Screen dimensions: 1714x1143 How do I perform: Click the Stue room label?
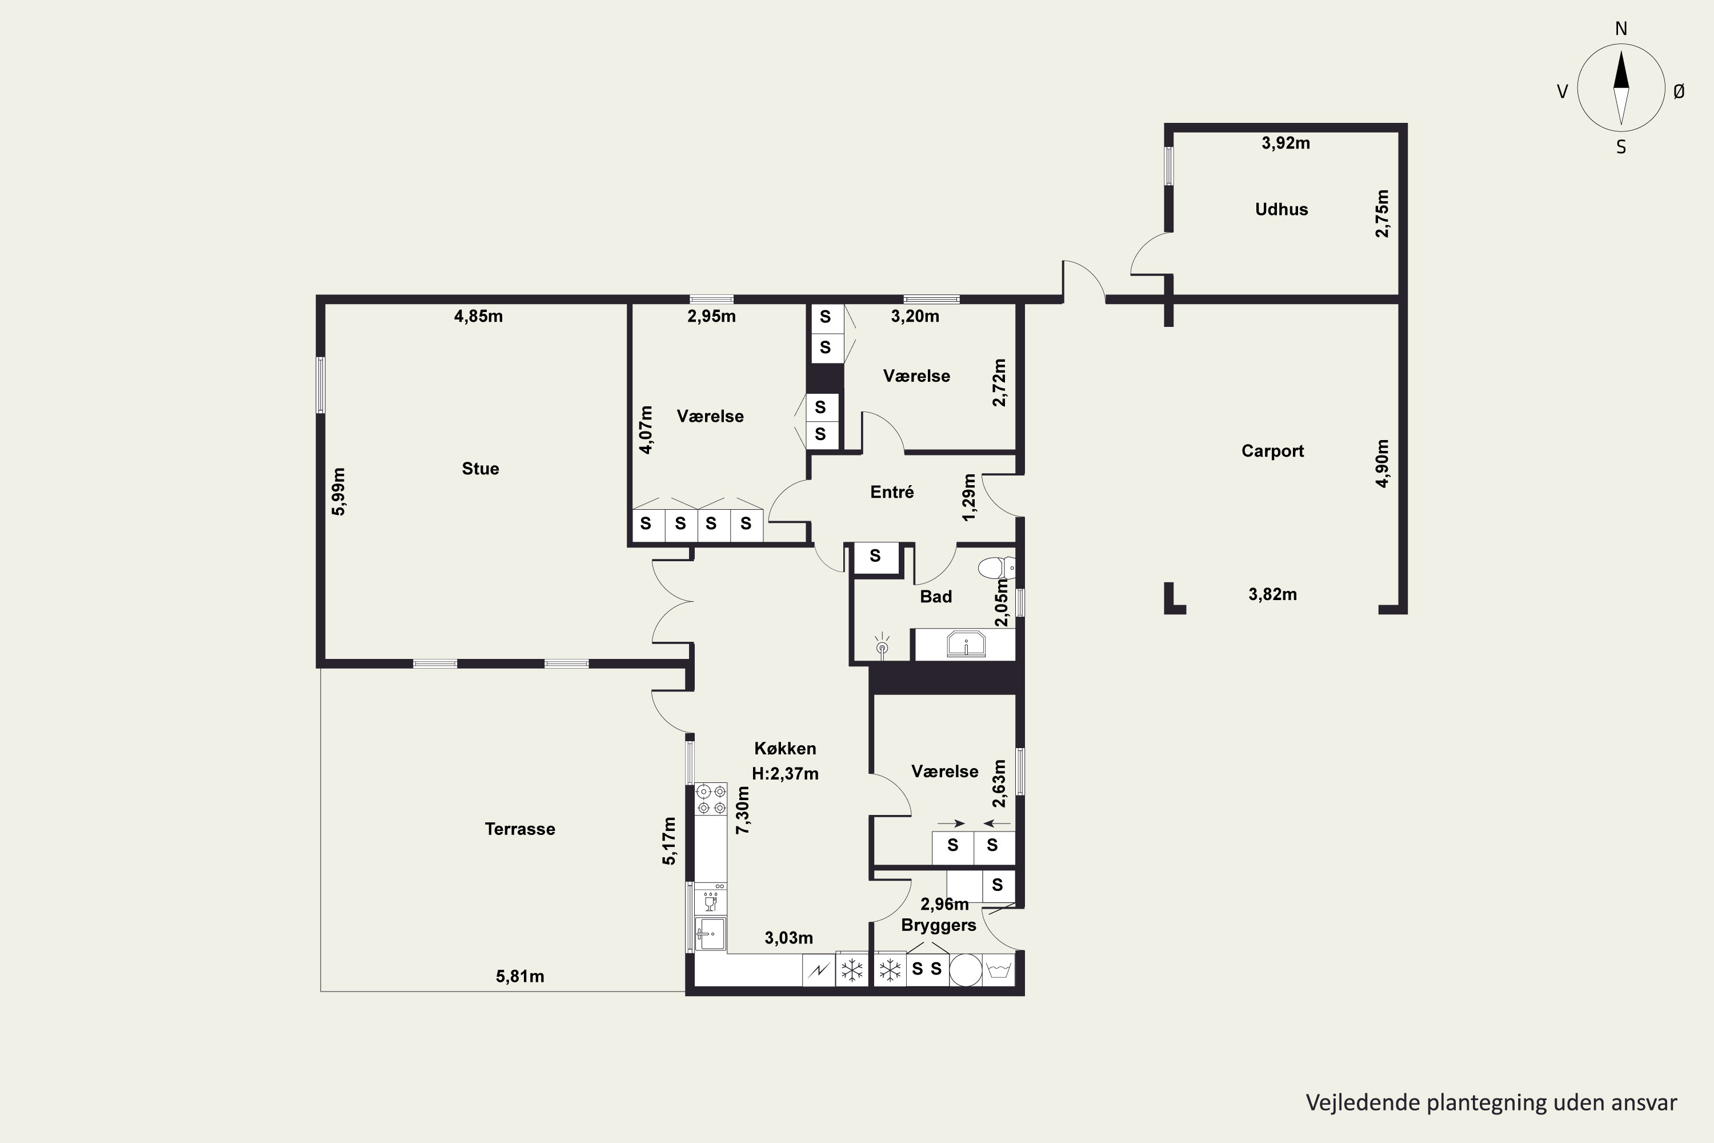pos(480,469)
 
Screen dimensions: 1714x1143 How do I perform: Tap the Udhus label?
pos(1281,209)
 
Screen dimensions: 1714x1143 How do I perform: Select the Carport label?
pos(1272,450)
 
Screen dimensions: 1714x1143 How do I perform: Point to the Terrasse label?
pos(519,829)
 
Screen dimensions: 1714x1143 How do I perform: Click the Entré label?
pos(892,492)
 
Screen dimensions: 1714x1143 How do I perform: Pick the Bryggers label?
pos(939,926)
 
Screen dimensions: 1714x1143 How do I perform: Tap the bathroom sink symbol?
pos(966,645)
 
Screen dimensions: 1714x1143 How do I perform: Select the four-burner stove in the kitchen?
pos(711,799)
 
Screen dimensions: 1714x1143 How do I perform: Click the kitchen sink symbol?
pos(711,933)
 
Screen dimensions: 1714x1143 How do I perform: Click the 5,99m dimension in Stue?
pos(338,491)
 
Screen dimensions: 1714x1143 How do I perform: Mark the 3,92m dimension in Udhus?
pos(1285,143)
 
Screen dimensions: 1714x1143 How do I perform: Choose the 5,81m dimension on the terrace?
pos(519,976)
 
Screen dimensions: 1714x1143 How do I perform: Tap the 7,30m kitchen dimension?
pos(743,810)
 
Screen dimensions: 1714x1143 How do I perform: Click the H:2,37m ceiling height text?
pos(785,773)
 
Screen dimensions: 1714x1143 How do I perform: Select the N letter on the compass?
pos(1621,29)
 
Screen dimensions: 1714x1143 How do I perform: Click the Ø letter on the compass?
pos(1679,91)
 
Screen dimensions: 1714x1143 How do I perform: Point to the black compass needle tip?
pos(1621,50)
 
